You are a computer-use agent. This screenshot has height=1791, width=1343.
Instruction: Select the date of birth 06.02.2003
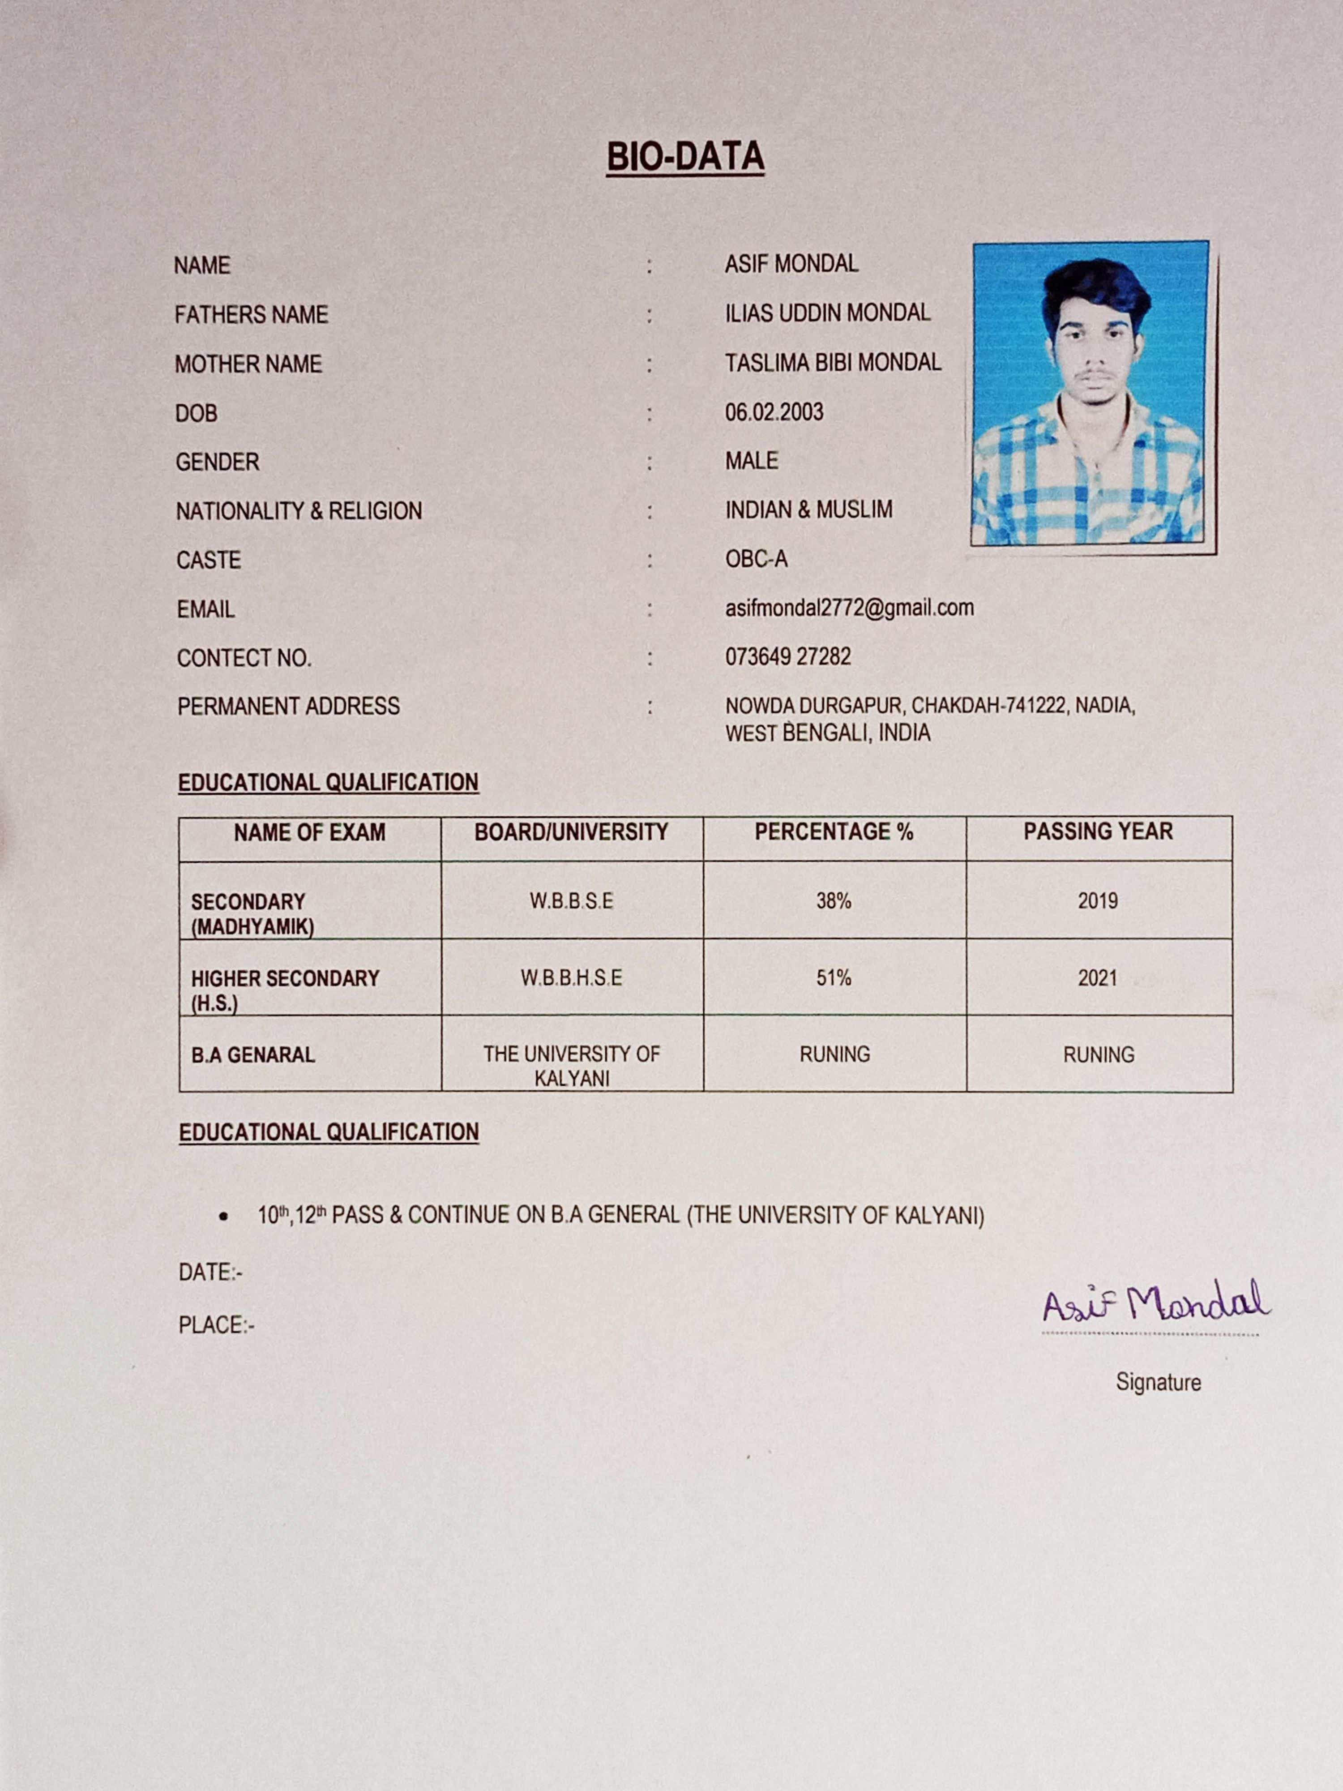click(774, 412)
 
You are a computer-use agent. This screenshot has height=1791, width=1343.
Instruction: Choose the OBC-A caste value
click(756, 559)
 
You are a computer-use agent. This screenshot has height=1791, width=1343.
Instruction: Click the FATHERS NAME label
click(251, 314)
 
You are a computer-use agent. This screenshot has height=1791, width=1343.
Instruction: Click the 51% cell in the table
click(834, 978)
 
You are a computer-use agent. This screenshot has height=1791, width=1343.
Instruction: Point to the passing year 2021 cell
click(1098, 978)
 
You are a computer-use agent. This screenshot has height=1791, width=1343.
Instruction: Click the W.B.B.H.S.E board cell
click(572, 978)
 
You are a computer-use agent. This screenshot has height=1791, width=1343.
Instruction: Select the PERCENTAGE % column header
click(834, 831)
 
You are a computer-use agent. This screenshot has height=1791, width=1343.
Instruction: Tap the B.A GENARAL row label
click(252, 1055)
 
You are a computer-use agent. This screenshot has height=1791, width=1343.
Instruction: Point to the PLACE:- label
click(216, 1325)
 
